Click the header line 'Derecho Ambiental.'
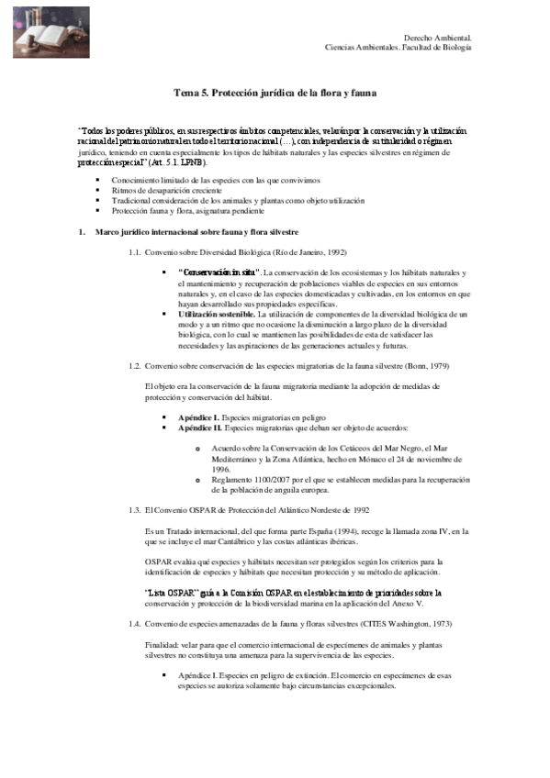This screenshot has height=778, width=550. point(438,38)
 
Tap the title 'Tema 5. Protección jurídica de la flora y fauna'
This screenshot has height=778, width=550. point(275,93)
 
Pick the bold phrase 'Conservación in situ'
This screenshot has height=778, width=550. point(219,272)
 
